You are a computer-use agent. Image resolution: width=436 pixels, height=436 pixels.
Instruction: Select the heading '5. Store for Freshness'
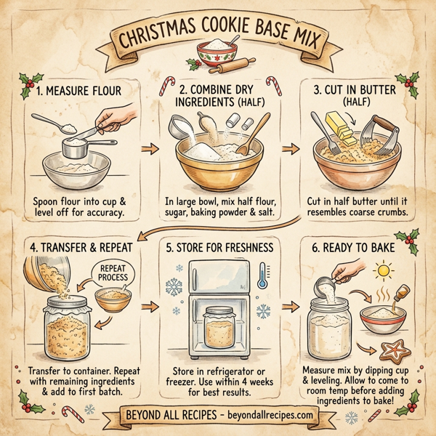(217, 247)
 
